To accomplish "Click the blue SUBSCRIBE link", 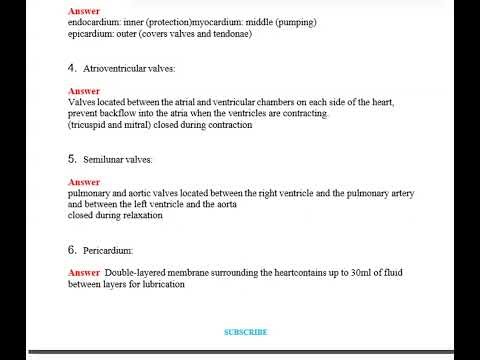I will coord(245,332).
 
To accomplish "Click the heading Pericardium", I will coord(108,250).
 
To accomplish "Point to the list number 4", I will coord(72,68).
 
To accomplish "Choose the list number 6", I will coord(72,249).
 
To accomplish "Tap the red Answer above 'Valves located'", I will coord(84,91).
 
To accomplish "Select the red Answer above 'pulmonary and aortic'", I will coord(84,182).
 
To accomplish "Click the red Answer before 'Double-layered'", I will coord(84,273).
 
